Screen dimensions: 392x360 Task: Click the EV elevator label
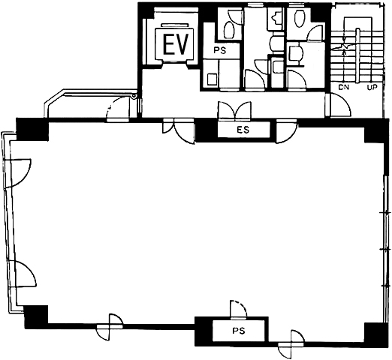pyautogui.click(x=175, y=44)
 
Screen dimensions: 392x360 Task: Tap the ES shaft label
pyautogui.click(x=243, y=130)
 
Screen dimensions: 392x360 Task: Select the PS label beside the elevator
pyautogui.click(x=220, y=51)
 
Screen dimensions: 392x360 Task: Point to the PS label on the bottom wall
pyautogui.click(x=238, y=331)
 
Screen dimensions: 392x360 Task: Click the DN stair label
pyautogui.click(x=343, y=88)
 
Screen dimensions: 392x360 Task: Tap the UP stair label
pyautogui.click(x=372, y=88)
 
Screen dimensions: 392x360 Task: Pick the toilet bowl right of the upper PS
pyautogui.click(x=228, y=30)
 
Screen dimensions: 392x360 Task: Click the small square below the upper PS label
pyautogui.click(x=213, y=79)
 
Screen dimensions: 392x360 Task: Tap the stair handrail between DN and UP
pyautogui.click(x=358, y=55)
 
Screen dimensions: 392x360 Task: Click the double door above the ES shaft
pyautogui.click(x=234, y=110)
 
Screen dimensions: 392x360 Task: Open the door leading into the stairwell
pyautogui.click(x=340, y=105)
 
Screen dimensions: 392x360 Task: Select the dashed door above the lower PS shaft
pyautogui.click(x=238, y=309)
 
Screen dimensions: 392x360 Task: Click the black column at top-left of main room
pyautogui.click(x=32, y=129)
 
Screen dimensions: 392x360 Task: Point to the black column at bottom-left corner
pyautogui.click(x=36, y=316)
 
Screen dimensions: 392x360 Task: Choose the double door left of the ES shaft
pyautogui.click(x=179, y=131)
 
